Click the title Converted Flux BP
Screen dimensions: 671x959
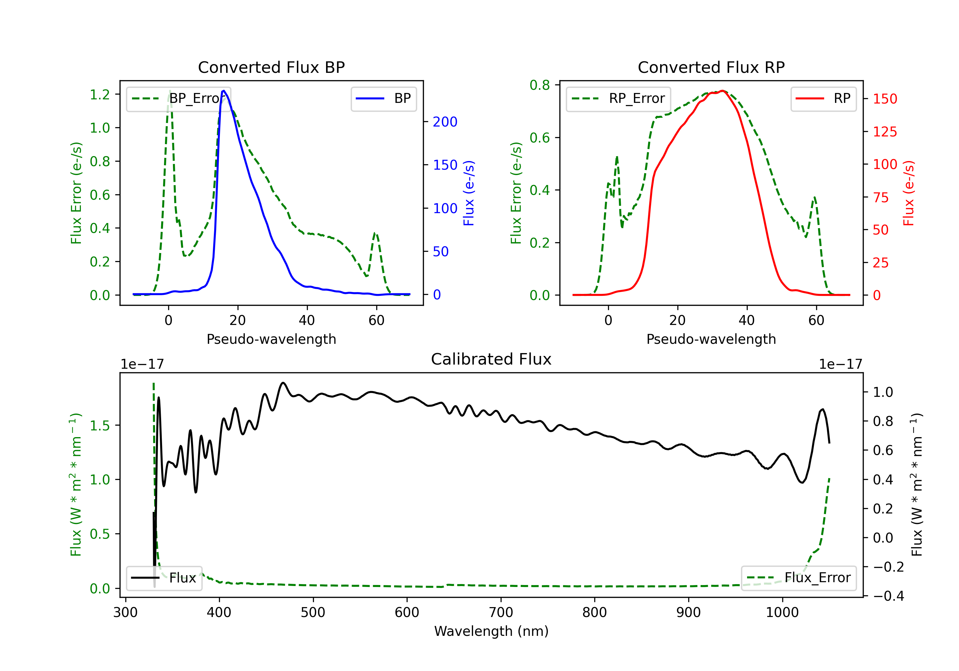[271, 67]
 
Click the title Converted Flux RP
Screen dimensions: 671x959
[711, 67]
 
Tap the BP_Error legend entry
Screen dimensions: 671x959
[178, 98]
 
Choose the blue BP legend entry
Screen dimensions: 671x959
[383, 98]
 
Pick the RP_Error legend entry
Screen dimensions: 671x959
[618, 98]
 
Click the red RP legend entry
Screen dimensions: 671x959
[823, 98]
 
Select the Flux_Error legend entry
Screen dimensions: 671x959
[798, 578]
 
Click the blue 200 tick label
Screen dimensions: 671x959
[445, 122]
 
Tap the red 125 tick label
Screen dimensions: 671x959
[885, 132]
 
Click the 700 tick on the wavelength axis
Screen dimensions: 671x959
[501, 612]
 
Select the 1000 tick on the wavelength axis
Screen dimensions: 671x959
[782, 612]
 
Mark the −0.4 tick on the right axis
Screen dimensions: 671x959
[888, 596]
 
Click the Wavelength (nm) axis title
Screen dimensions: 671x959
[491, 631]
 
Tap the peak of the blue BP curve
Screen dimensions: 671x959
[224, 91]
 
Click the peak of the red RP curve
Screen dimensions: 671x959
[722, 91]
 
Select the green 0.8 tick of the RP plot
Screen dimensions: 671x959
[540, 85]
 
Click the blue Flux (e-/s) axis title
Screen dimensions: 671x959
[469, 193]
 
